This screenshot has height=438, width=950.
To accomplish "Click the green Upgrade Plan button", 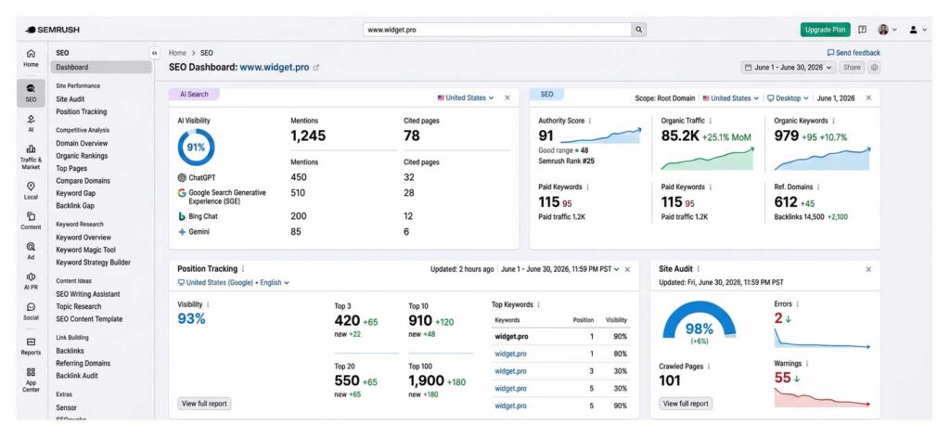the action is coord(825,30).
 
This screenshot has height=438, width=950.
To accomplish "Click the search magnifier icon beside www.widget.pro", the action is coord(638,30).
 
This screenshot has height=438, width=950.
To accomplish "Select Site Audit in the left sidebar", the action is coord(71,98).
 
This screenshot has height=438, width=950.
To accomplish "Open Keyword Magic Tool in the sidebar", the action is coord(85,250).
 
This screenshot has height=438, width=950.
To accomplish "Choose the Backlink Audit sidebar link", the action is coord(77,376).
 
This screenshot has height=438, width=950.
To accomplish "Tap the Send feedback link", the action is coord(854,53).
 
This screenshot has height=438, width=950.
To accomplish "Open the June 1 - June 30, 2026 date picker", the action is coord(789,67).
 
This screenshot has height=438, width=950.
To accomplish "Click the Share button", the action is coord(852,67).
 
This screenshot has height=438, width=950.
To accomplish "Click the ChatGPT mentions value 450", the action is coord(299,177).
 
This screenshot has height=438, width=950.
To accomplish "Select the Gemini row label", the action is coord(199,232).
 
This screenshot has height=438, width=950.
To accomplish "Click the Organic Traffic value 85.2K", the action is coord(680,136).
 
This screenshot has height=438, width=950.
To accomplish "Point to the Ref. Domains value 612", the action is coord(786,202).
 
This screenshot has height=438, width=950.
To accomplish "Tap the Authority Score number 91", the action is coord(546,136).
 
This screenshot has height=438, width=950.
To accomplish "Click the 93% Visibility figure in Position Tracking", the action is coord(191,318).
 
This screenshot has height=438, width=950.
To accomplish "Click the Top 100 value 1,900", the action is coord(426,381).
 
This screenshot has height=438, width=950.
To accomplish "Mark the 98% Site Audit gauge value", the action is coord(700,328).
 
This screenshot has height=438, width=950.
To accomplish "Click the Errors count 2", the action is coord(778,318).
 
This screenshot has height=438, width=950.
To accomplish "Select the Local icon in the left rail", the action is coord(31,190).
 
